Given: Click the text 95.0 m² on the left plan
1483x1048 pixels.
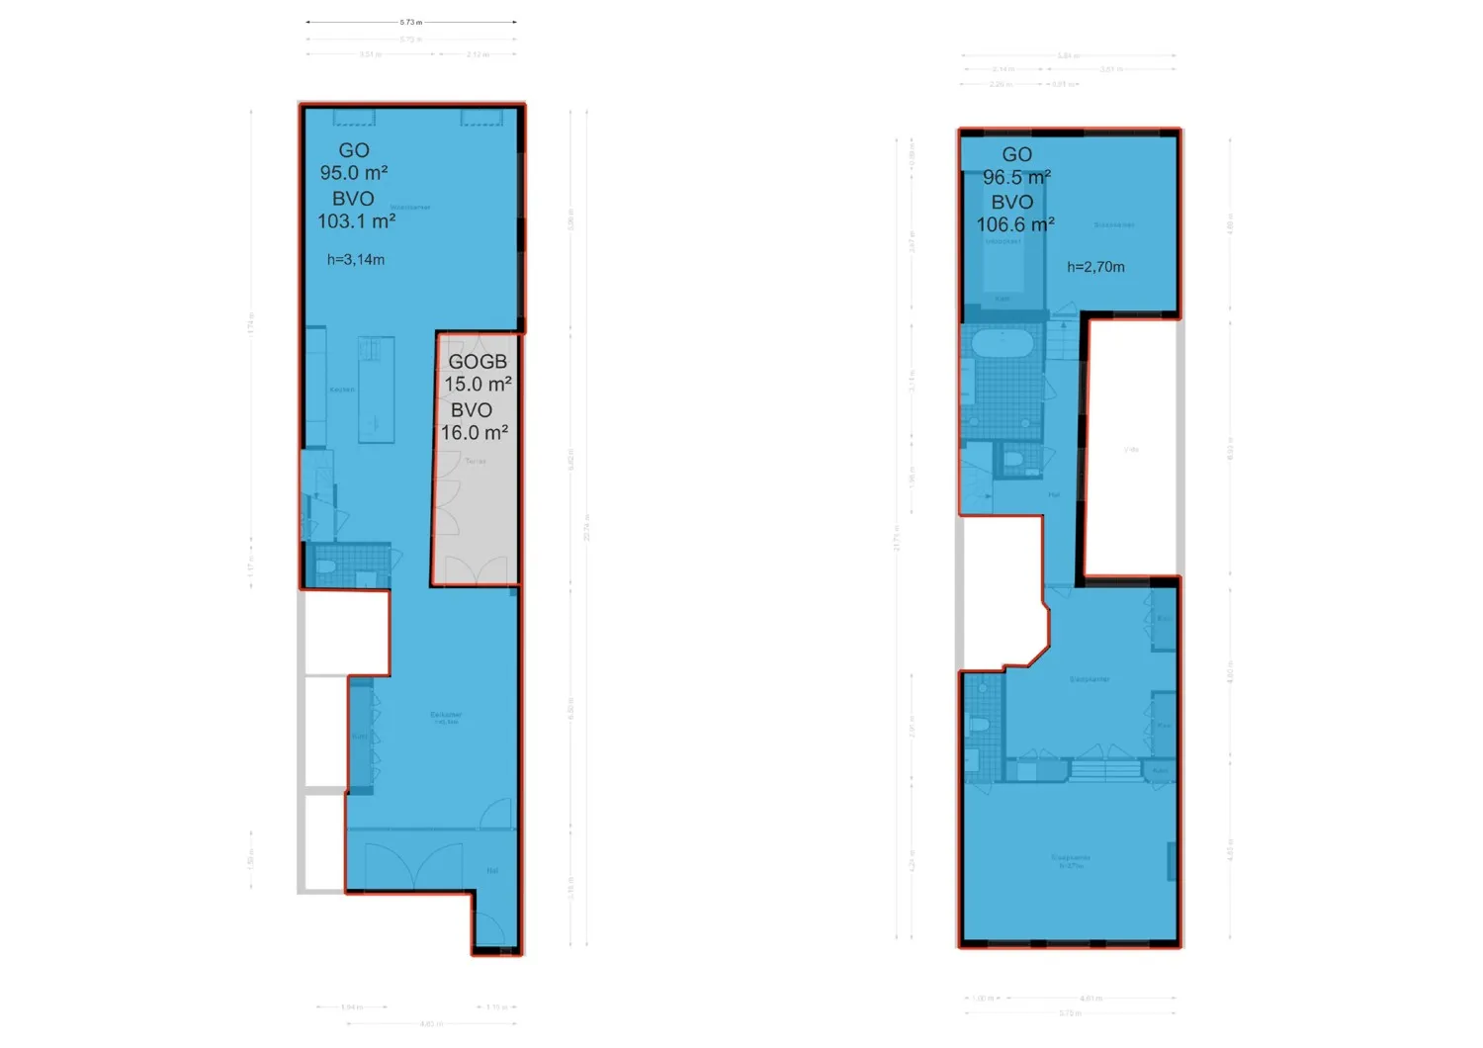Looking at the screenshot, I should (353, 173).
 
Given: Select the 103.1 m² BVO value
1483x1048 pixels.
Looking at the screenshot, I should (356, 221).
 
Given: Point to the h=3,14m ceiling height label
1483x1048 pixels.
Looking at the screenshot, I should (356, 260).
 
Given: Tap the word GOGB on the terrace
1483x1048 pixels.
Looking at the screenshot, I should (478, 362).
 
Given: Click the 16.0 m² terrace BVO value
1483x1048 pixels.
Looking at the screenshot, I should (475, 433).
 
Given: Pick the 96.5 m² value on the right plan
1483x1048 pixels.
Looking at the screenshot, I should (1016, 178).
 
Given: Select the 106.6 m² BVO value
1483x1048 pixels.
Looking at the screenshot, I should (1015, 225).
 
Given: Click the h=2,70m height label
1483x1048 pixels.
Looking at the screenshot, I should (1095, 267).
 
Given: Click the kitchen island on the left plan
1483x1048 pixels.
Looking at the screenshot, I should (376, 389).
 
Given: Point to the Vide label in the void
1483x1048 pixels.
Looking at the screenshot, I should (1131, 450).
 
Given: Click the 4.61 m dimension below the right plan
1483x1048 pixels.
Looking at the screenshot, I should (1090, 999).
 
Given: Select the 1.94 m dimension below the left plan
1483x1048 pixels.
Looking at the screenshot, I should (351, 1007).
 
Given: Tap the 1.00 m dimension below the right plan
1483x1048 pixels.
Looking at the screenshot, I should (982, 999).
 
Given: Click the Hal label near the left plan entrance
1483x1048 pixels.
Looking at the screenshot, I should (492, 871).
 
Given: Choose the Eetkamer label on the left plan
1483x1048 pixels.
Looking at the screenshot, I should (446, 715).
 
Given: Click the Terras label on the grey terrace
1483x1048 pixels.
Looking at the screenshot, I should (476, 461).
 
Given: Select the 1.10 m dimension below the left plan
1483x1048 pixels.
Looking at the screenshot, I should (495, 1007).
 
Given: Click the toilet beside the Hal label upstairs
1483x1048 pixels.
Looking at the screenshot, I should (1012, 460).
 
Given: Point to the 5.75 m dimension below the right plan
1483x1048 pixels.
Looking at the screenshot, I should (1069, 1013).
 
